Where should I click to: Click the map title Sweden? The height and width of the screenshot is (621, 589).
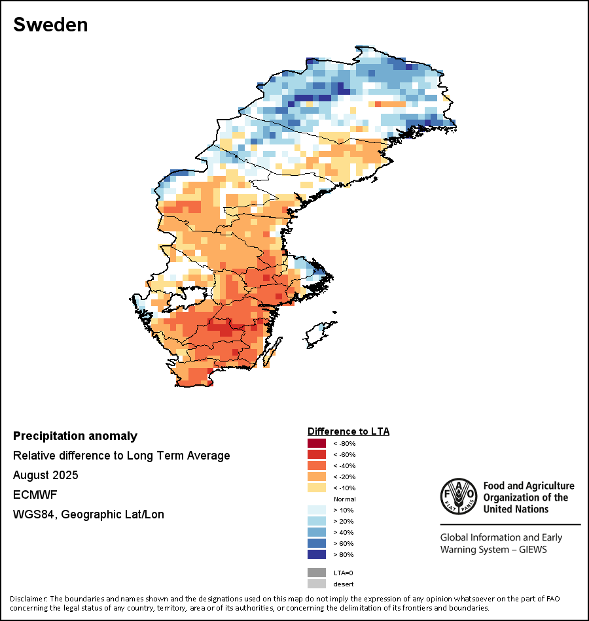click(50, 25)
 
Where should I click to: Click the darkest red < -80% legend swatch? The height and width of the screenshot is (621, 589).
click(317, 444)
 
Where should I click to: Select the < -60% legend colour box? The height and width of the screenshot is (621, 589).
click(317, 455)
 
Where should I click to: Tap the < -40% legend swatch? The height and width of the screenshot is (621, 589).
click(317, 466)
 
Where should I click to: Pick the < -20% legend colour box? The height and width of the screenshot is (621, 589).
click(317, 477)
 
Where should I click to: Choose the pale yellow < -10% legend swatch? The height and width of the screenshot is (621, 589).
click(317, 488)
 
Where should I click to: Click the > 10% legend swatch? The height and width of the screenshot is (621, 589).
click(317, 511)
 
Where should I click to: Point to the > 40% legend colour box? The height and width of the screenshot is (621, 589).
click(317, 533)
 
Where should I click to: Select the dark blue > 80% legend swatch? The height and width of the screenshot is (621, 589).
click(317, 555)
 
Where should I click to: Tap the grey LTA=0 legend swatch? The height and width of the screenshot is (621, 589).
click(317, 573)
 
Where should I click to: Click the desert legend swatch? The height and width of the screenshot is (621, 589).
click(317, 584)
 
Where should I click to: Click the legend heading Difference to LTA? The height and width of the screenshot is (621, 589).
click(348, 431)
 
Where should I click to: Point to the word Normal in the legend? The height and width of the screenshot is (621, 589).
click(344, 499)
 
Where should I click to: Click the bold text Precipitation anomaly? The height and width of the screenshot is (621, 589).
click(75, 436)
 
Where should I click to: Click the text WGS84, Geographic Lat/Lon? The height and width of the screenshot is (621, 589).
click(88, 514)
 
